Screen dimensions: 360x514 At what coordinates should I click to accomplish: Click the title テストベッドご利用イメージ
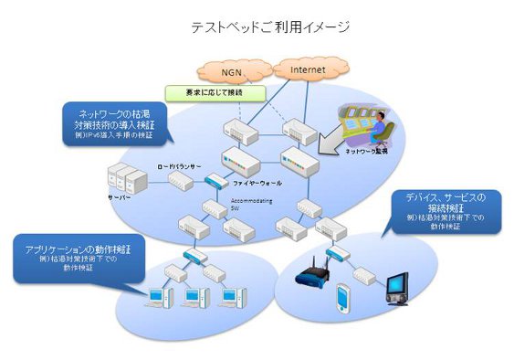click(x=257, y=27)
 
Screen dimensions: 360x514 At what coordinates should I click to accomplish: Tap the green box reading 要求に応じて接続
click(x=215, y=92)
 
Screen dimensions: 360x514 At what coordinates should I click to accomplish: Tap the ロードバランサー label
click(x=179, y=167)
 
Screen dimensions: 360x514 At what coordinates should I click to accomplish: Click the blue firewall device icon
click(x=217, y=181)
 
